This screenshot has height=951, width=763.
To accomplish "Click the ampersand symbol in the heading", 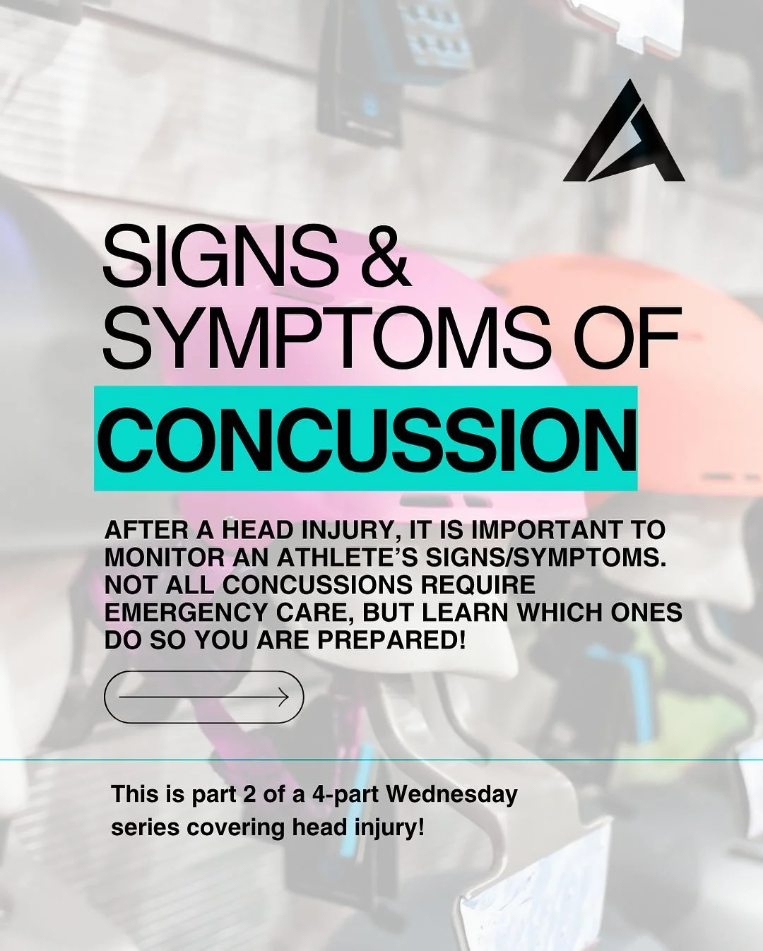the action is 385,256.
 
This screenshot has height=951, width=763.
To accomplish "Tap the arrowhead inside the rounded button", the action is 283,697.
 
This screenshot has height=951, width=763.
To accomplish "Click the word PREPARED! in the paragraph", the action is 391,639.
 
